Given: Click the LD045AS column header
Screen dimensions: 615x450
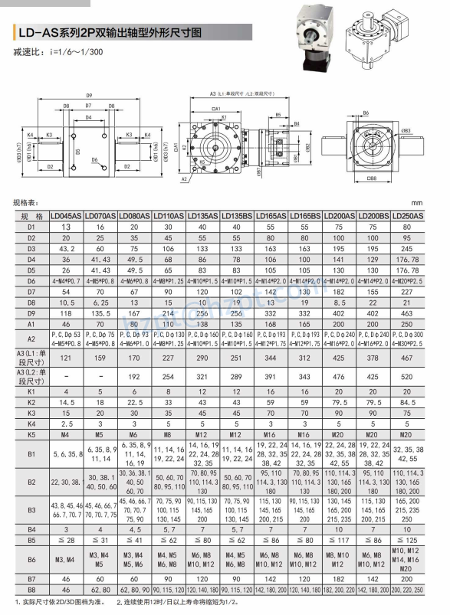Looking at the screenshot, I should pos(66,217).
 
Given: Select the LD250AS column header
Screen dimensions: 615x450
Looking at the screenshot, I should pos(408,217).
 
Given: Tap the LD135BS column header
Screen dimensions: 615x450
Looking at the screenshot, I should pos(237,217).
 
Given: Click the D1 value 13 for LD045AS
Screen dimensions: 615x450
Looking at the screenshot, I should pos(66,227).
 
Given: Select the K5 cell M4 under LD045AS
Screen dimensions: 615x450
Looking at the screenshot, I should pos(66,434).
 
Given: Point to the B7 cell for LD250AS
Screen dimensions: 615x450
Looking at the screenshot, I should pos(408,579).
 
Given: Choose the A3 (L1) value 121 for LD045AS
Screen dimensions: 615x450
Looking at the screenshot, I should pos(66,356).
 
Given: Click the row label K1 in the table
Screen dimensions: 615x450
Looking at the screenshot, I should pos(31,391).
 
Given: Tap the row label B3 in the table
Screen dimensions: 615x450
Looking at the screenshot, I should pos(31,509).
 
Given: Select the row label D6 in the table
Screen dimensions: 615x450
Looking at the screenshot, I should pos(31,280).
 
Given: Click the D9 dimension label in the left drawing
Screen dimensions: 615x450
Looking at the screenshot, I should pos(89,94).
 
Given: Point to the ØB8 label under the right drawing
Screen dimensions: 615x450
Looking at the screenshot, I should pos(371,178).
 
